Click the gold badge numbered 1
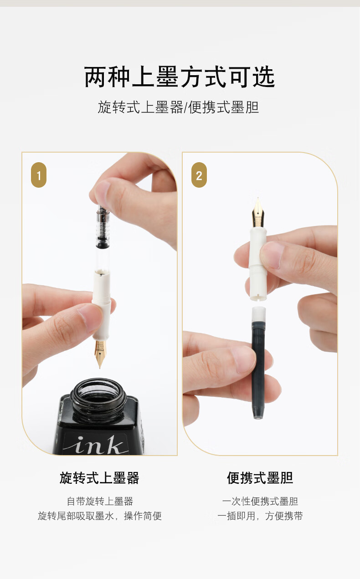[39, 175]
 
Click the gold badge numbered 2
[199, 175]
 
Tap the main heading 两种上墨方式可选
[180, 77]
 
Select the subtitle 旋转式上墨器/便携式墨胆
[179, 107]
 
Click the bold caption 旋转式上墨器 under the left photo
[99, 478]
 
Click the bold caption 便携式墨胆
[260, 478]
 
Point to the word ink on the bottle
[96, 445]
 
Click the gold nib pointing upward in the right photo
[258, 212]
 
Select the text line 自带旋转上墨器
[100, 501]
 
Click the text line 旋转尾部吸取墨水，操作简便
[100, 516]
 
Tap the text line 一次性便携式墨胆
[260, 501]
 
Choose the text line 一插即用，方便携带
[260, 516]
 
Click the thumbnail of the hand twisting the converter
[99, 304]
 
